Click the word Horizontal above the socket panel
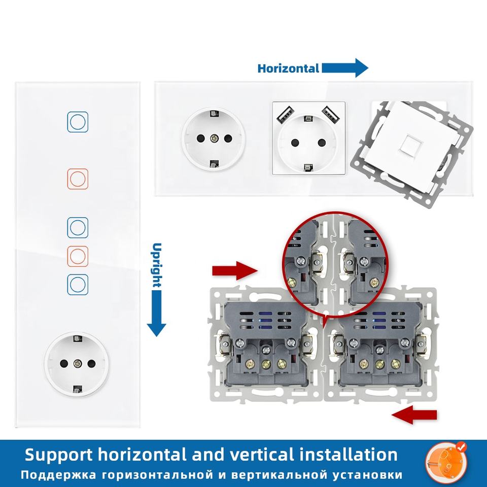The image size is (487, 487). pyautogui.click(x=288, y=68)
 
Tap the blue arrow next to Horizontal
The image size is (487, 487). pyautogui.click(x=345, y=68)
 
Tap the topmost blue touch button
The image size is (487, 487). pyautogui.click(x=78, y=122)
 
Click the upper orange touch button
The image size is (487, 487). pyautogui.click(x=78, y=179)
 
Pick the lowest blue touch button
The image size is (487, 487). pyautogui.click(x=78, y=285)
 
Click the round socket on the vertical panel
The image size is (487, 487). pyautogui.click(x=77, y=364)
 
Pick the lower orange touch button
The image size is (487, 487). pyautogui.click(x=78, y=256)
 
